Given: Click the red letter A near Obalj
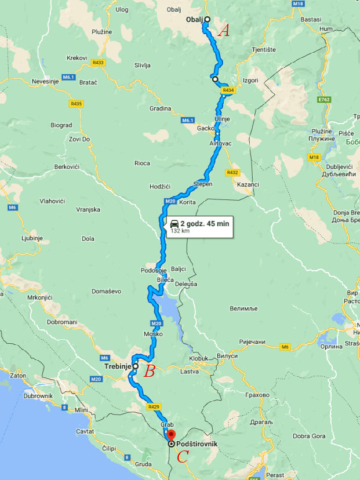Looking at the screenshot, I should click(x=223, y=31).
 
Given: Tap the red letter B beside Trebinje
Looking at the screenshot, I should click(x=149, y=372).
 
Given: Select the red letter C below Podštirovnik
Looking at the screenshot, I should click(x=182, y=457).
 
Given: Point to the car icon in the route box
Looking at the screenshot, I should click(x=174, y=223).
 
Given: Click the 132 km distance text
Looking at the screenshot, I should click(x=180, y=231).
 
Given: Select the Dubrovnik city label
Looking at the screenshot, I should click(x=39, y=396).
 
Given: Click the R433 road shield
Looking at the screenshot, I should click(x=99, y=62).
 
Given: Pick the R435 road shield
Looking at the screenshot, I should click(x=76, y=104).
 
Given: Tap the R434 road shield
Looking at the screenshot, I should click(x=228, y=90).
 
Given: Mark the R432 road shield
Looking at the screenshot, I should click(x=233, y=172).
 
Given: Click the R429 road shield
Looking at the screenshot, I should click(x=154, y=407).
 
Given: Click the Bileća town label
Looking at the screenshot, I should click(x=165, y=280).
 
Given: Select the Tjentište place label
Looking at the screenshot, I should click(x=263, y=50).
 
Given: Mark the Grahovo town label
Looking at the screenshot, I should click(x=257, y=395).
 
